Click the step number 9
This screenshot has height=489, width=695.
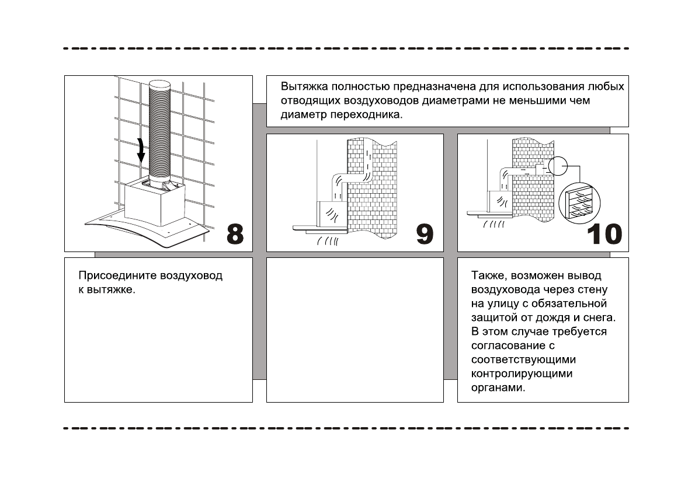tap(425, 234)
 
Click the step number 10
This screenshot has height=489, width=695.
tap(605, 234)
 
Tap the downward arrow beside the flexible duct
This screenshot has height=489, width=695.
tap(141, 151)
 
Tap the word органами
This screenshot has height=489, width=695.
tap(498, 387)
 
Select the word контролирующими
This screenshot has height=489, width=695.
tap(522, 373)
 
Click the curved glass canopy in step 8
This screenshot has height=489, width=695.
tap(146, 233)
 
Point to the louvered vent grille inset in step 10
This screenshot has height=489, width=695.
tap(577, 202)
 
